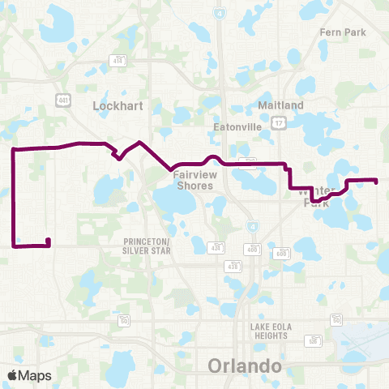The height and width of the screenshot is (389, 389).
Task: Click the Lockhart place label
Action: (118, 105)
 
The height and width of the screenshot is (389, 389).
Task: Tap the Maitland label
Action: (280, 105)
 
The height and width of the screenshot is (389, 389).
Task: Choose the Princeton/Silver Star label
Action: (147, 246)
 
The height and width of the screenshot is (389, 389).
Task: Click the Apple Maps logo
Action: (30, 375)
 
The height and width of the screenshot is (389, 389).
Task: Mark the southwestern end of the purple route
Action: (49, 240)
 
